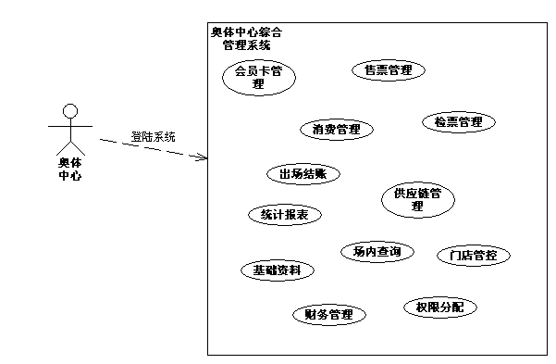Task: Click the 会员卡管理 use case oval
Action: pyautogui.click(x=258, y=77)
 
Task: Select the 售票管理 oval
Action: pyautogui.click(x=388, y=70)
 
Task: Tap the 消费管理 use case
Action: pyautogui.click(x=336, y=130)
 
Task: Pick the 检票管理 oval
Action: pyautogui.click(x=458, y=122)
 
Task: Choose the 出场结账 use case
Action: pyautogui.click(x=303, y=173)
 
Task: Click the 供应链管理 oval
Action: pyautogui.click(x=418, y=199)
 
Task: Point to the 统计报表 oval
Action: pyautogui.click(x=284, y=215)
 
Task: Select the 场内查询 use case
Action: pyautogui.click(x=377, y=251)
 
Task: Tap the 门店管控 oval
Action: pyautogui.click(x=473, y=256)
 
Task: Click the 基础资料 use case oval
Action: pyautogui.click(x=277, y=270)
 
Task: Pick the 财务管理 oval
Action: pyautogui.click(x=328, y=315)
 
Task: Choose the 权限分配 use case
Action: pyautogui.click(x=439, y=307)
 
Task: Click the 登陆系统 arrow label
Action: pyautogui.click(x=153, y=136)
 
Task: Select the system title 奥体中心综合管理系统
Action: pyautogui.click(x=246, y=38)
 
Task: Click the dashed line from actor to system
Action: pyautogui.click(x=148, y=148)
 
